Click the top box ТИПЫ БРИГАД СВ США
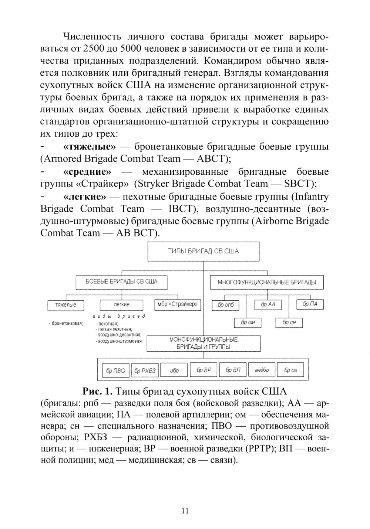point(203,252)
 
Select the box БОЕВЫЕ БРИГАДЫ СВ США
point(121,282)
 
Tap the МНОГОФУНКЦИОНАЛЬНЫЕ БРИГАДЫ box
point(266,283)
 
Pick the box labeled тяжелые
point(65,305)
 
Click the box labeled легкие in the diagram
point(121,305)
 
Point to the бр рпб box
point(225,306)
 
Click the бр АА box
point(268,305)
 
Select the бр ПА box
point(310,304)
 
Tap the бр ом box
point(248,323)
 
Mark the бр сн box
point(289,323)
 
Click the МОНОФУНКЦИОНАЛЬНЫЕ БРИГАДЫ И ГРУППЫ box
point(203,343)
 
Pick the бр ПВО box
point(115,371)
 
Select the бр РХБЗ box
point(145,371)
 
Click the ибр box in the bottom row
point(174,371)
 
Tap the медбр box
point(262,370)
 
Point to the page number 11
point(185,511)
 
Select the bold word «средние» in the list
point(87,172)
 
